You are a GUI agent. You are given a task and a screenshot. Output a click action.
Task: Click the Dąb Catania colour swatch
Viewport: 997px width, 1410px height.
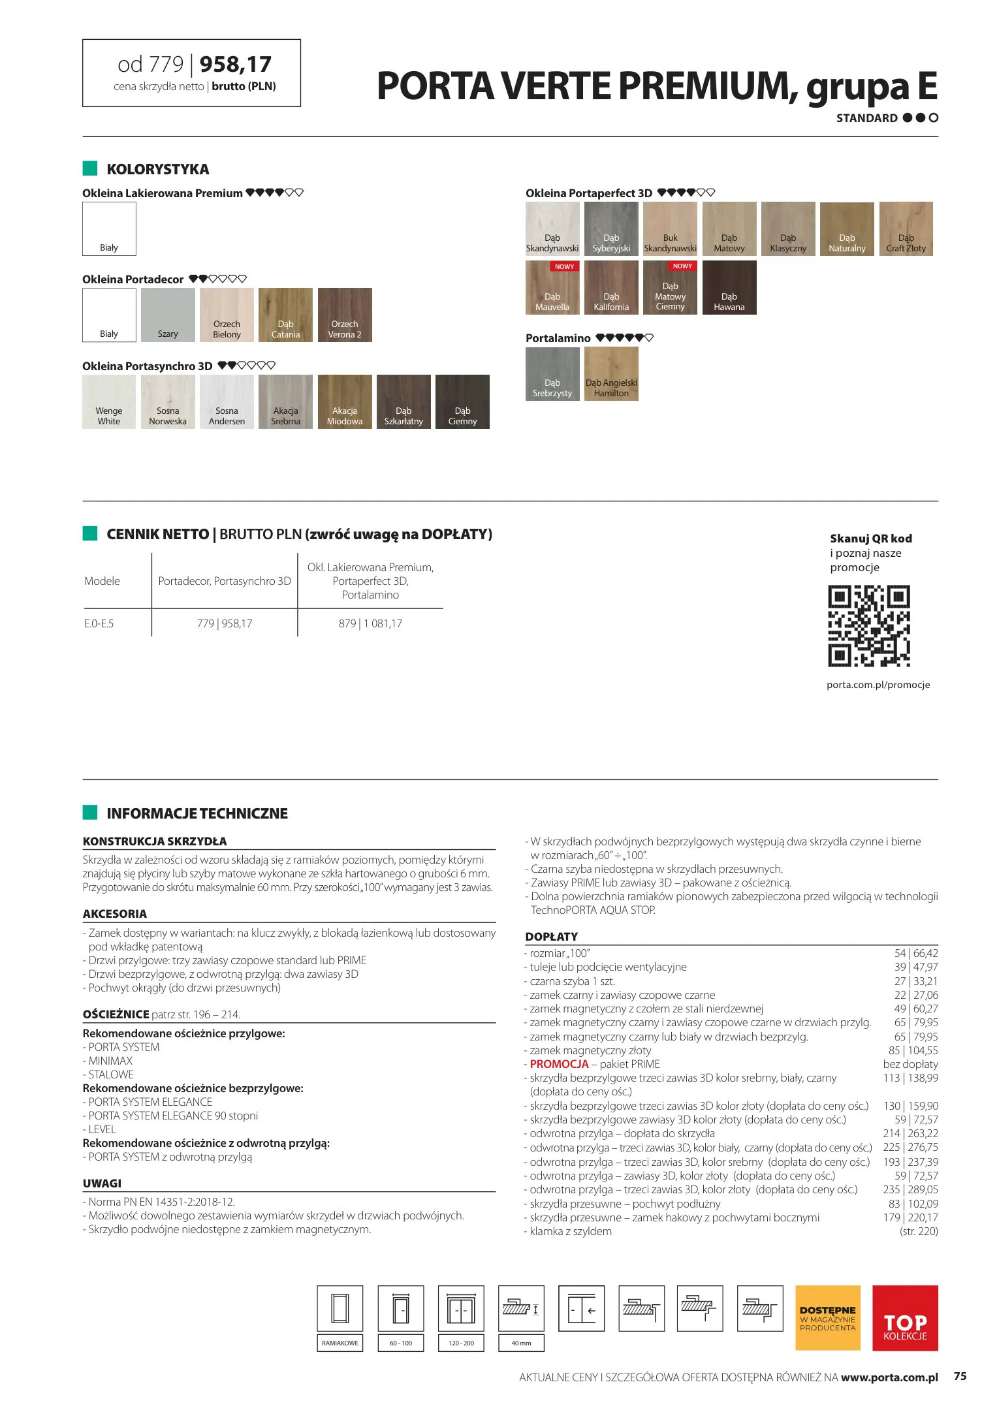[x=285, y=315]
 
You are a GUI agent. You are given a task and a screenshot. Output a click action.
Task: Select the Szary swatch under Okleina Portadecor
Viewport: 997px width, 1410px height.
[x=168, y=315]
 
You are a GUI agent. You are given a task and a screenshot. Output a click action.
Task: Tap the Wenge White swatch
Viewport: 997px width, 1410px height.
[x=109, y=401]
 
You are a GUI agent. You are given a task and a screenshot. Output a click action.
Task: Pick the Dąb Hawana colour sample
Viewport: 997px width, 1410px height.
[x=729, y=287]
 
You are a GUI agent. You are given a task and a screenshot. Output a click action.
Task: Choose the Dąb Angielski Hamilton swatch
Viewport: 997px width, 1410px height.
[x=611, y=373]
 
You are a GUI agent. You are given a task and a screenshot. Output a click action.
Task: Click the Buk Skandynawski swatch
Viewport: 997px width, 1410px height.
[x=670, y=228]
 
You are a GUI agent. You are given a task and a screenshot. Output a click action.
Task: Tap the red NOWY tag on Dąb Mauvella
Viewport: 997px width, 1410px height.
[x=564, y=266]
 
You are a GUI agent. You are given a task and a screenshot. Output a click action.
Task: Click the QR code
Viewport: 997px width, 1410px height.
[x=869, y=626]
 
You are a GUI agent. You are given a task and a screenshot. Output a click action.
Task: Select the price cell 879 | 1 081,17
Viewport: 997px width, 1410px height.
[x=370, y=623]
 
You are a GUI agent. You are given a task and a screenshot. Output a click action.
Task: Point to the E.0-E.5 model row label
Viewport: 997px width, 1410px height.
[x=99, y=623]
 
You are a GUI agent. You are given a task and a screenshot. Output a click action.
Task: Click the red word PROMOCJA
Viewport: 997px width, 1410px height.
[x=559, y=1064]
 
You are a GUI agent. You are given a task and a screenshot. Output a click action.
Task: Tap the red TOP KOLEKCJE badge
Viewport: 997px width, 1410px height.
[x=905, y=1318]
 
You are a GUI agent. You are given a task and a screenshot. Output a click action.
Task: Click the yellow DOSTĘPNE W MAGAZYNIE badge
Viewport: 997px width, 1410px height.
[x=827, y=1318]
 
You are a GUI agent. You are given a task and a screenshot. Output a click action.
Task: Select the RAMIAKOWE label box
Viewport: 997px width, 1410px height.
[x=340, y=1343]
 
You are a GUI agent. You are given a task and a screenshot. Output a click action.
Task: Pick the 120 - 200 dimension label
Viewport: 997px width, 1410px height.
[x=461, y=1343]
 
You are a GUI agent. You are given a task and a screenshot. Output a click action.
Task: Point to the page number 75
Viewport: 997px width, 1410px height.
[x=960, y=1376]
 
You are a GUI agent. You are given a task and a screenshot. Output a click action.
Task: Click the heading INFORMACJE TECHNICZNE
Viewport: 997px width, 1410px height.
[x=197, y=813]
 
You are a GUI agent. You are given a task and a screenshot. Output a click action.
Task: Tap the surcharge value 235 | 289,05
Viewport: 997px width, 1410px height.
[x=910, y=1189]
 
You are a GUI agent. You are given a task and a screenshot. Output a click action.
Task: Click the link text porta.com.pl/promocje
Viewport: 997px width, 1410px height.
[x=878, y=685]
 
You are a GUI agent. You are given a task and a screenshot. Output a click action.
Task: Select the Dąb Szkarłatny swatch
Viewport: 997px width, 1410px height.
[x=404, y=401]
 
